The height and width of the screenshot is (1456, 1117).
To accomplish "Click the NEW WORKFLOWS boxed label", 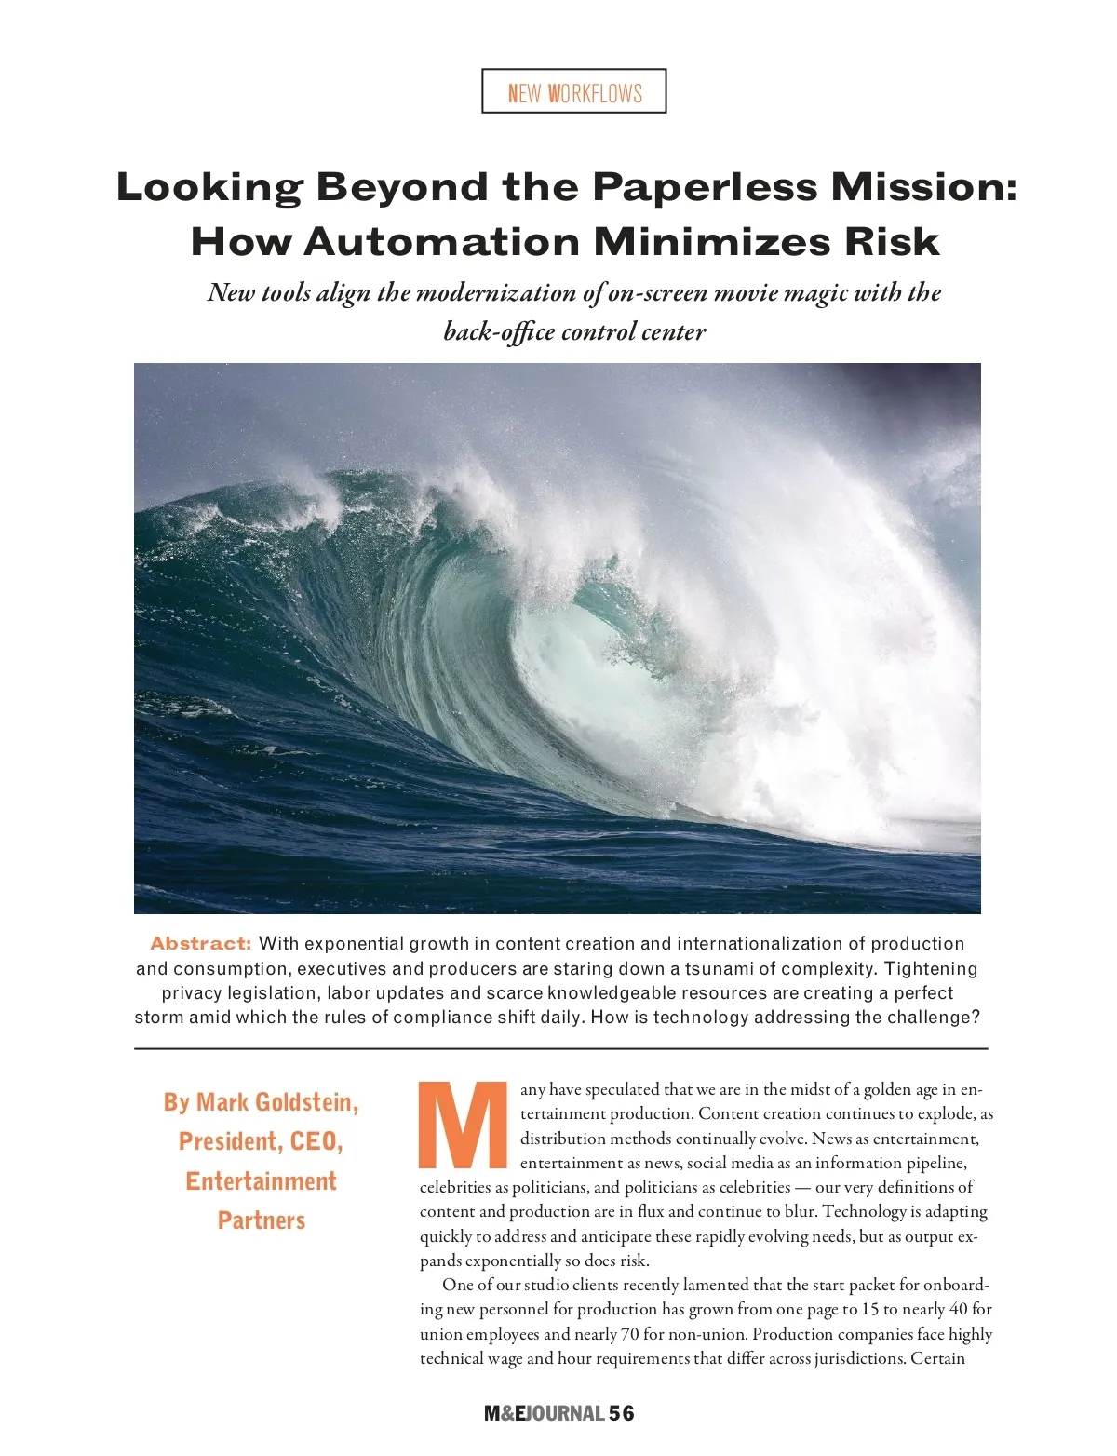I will (574, 91).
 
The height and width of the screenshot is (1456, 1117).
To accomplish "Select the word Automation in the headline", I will (441, 242).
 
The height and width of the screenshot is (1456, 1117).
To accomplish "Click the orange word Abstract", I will (201, 943).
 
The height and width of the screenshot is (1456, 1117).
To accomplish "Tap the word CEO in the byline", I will (316, 1141).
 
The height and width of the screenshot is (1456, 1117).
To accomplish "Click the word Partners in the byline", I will (262, 1220).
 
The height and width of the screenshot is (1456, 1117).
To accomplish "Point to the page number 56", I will (622, 1413).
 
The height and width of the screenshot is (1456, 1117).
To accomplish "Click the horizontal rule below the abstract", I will (558, 1048).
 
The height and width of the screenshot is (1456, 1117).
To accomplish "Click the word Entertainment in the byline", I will (261, 1181).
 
